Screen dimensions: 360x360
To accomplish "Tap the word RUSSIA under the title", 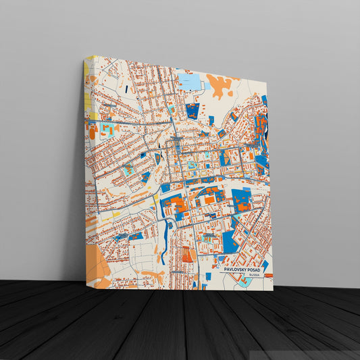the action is (x=254, y=275).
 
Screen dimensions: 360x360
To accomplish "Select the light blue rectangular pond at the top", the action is (x=189, y=82).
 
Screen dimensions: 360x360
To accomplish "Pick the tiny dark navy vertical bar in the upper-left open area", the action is (x=125, y=88).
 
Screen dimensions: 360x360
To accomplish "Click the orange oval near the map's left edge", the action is (x=92, y=132).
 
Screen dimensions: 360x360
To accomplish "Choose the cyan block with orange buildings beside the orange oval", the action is (x=106, y=128).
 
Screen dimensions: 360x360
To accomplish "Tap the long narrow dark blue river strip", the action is (x=163, y=240).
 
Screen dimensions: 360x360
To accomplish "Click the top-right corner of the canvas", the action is (x=267, y=83).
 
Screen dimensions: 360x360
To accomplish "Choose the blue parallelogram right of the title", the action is (x=265, y=265).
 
